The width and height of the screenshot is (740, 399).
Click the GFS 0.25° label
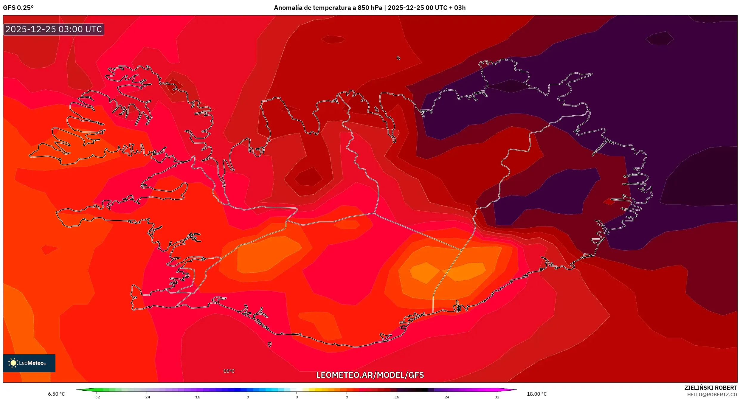pos(18,8)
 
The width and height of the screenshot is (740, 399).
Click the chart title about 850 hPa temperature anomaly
pos(370,8)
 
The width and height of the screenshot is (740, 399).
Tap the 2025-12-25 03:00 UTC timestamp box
pos(54,29)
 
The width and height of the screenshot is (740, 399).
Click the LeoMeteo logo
pos(29,363)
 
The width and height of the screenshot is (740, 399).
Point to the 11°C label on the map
pos(229,371)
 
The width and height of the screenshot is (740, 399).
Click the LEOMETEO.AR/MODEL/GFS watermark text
pos(370,375)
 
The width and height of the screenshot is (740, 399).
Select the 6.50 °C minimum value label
pos(56,394)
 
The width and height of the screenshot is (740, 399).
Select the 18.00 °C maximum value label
pos(536,394)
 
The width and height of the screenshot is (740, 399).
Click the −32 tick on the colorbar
pos(97,397)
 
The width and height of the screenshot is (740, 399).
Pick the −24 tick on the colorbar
pos(147,397)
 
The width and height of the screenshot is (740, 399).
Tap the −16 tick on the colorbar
pos(197,397)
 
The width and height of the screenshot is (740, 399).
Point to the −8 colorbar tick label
pos(247,397)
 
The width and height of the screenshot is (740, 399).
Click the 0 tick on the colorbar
pos(297,397)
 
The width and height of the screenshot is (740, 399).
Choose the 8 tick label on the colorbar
pos(347,397)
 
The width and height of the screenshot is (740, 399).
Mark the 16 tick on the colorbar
pos(397,397)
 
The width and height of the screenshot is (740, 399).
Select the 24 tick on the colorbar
pos(447,397)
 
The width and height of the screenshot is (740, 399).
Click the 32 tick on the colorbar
pos(497,397)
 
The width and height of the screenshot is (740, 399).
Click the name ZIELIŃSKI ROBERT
pos(710,388)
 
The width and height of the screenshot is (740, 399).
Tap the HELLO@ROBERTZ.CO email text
pos(712,395)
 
